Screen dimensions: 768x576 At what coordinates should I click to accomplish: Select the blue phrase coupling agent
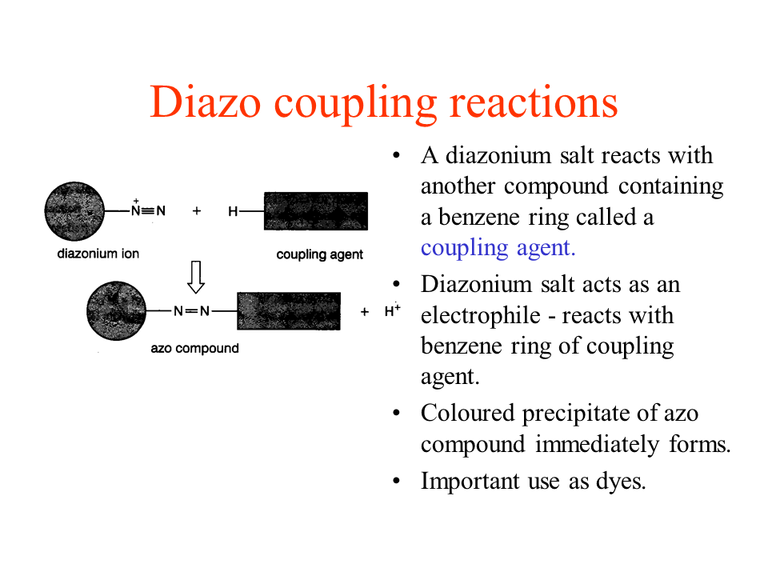coord(498,248)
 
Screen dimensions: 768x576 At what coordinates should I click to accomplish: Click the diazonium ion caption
coord(98,254)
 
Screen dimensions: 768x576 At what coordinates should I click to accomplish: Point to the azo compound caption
coord(194,349)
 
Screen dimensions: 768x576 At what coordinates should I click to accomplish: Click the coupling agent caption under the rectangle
coord(319,254)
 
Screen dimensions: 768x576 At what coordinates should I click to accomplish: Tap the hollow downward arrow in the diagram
coord(196,277)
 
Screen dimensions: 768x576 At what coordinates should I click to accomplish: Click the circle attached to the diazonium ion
coord(74,211)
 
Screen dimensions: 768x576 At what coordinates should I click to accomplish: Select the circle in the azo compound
coord(116,310)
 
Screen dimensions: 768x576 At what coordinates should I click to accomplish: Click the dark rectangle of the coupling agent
coord(316,211)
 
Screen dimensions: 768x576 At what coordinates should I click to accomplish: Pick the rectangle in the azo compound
coord(289,311)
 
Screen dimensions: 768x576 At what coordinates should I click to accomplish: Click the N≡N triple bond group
coord(148,210)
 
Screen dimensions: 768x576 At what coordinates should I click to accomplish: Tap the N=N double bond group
coord(191,311)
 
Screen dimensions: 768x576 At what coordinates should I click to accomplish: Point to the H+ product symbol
coord(392,310)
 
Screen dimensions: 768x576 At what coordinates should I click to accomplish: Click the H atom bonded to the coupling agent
coord(233,211)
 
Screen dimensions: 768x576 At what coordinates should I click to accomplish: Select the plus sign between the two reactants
coord(197,211)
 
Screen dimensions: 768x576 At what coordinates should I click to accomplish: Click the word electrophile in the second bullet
coord(481,316)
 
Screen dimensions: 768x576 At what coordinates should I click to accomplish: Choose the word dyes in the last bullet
coord(621,482)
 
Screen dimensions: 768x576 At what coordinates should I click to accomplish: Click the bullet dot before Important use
coord(396,481)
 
